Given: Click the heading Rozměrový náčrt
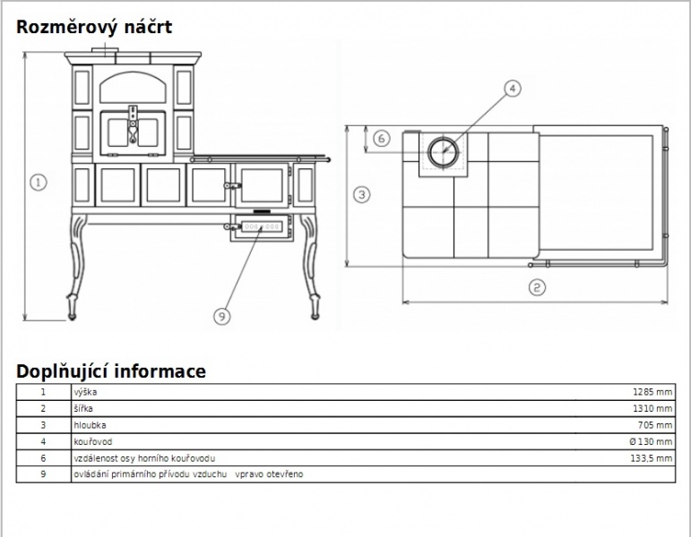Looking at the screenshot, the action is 94,27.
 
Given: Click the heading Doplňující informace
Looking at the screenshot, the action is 111,371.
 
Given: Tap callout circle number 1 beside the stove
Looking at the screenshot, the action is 39,183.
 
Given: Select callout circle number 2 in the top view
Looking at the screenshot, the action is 537,287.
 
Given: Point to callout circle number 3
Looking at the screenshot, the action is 362,194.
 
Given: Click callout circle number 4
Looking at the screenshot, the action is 512,88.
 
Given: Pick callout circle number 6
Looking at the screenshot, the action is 382,139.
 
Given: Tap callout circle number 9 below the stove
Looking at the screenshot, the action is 221,316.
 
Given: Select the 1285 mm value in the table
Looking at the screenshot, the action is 652,392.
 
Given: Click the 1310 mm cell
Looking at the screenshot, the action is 652,408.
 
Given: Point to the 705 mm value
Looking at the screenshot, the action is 655,425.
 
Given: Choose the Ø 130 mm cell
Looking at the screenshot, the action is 651,441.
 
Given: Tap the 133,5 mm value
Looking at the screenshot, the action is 652,458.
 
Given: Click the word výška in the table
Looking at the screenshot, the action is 85,392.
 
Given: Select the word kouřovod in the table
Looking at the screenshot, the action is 93,441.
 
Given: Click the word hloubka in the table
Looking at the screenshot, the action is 90,425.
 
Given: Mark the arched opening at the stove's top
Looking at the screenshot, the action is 133,88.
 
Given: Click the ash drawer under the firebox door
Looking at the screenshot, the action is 262,227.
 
